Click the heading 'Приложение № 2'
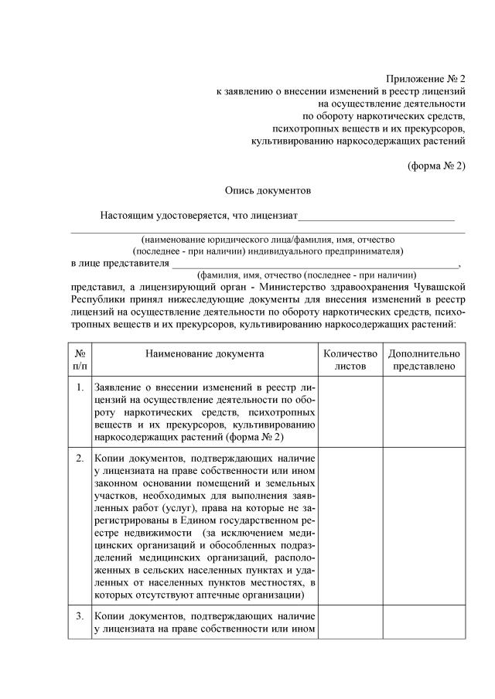click(425, 79)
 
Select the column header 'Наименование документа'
click(204, 353)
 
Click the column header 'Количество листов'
click(350, 360)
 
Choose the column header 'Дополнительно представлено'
click(423, 360)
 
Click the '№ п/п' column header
click(80, 360)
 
